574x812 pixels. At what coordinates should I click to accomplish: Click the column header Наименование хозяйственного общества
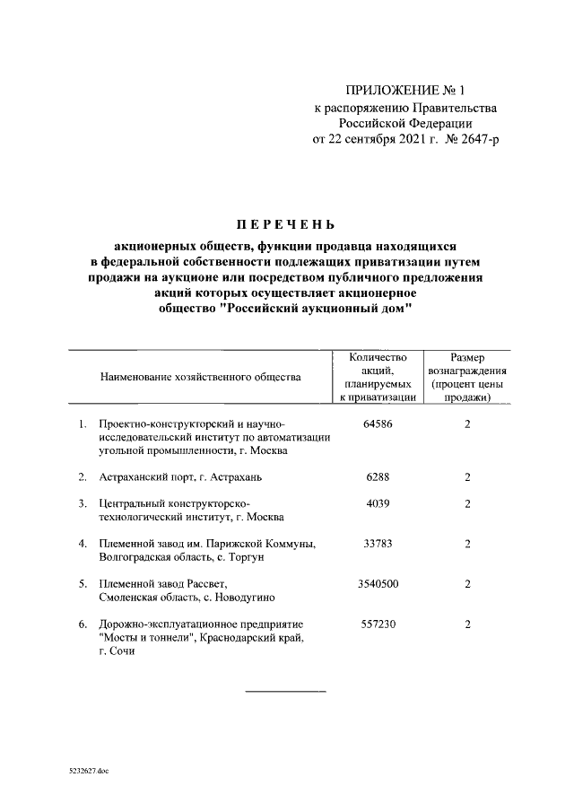click(200, 377)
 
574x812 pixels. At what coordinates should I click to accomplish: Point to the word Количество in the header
click(378, 356)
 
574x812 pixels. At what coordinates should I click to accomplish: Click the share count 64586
click(378, 423)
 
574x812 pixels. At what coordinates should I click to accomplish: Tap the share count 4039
click(378, 503)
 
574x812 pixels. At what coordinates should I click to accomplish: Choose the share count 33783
click(378, 543)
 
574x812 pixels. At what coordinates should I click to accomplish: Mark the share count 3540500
click(378, 583)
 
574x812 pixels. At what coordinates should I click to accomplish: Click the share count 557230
click(378, 624)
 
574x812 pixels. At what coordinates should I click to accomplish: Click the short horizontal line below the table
click(286, 691)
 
